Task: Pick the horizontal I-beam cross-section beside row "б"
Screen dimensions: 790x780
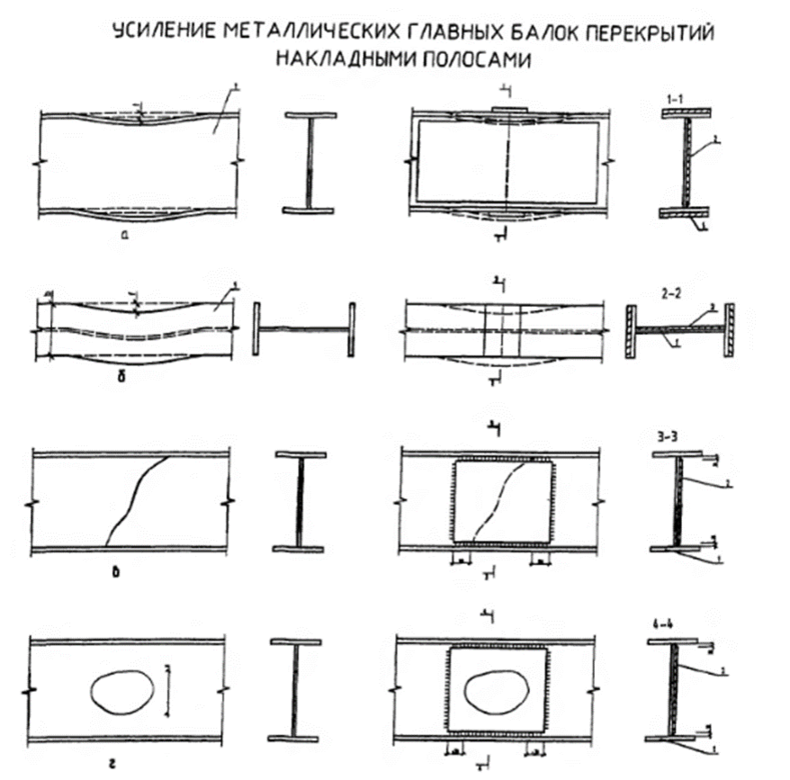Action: pyautogui.click(x=304, y=327)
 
